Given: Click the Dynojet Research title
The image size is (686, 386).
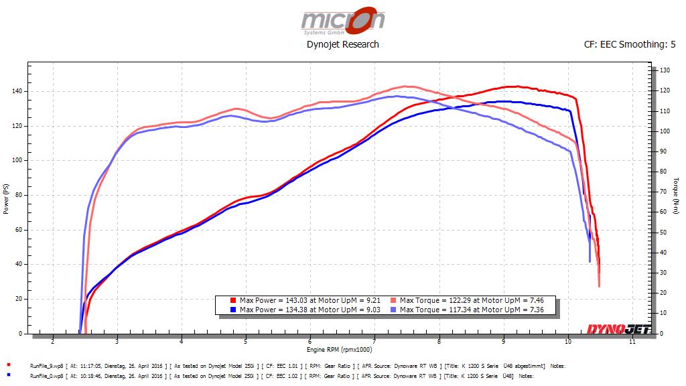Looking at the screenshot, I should [342, 44].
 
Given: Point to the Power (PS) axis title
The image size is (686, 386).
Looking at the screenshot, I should [7, 198].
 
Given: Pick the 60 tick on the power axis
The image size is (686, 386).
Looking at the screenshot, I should [19, 230].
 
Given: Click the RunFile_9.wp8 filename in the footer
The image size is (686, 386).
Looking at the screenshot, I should [47, 367].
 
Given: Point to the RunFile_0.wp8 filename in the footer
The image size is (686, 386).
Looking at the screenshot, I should [47, 376].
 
